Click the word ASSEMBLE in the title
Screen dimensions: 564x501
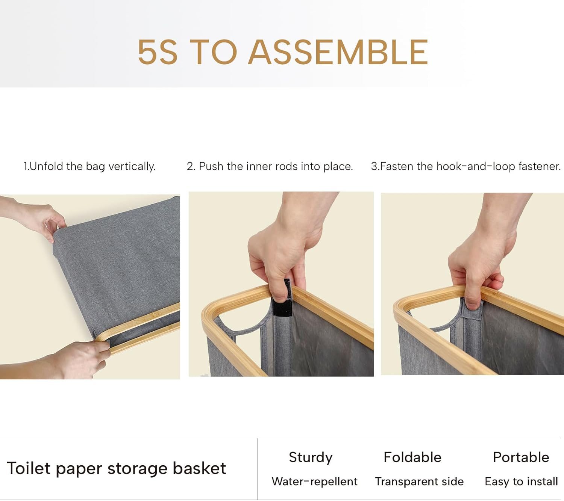tap(338, 52)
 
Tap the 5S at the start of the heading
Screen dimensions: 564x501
tap(158, 52)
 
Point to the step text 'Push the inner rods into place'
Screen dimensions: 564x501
tap(276, 166)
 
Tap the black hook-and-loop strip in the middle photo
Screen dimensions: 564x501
tap(282, 299)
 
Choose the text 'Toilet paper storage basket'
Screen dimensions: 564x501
tap(116, 468)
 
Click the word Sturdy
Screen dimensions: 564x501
tap(311, 458)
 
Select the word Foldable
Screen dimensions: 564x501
tap(412, 457)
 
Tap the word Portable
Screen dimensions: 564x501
tap(521, 457)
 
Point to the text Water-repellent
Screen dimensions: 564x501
tap(315, 481)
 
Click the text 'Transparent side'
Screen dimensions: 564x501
tap(419, 481)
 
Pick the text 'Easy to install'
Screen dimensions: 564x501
tap(522, 481)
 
